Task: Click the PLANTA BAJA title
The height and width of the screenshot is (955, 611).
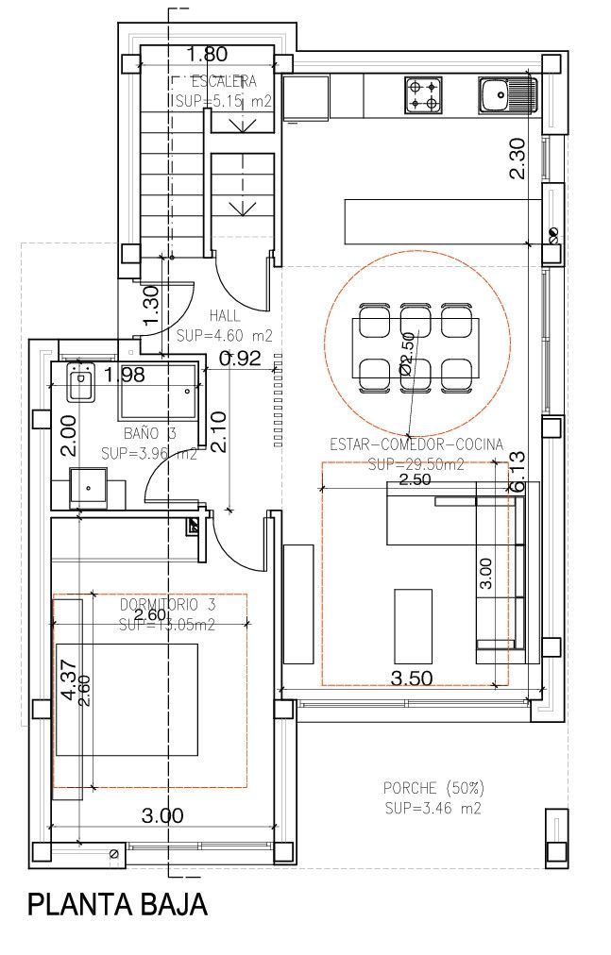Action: (117, 905)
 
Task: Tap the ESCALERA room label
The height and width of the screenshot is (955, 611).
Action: (223, 81)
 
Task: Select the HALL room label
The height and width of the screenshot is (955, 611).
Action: (225, 316)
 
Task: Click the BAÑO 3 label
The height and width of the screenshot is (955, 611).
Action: (150, 434)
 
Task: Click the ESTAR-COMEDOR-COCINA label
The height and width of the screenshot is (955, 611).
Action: (416, 444)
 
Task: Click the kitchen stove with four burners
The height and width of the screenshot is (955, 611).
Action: (423, 94)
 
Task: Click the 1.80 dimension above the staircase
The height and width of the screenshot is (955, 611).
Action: (206, 54)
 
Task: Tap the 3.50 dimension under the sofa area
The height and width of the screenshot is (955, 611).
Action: (411, 677)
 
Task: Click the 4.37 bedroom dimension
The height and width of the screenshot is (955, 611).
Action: (67, 679)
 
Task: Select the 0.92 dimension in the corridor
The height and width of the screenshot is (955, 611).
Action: (239, 358)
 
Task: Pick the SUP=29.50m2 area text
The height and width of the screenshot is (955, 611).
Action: (416, 463)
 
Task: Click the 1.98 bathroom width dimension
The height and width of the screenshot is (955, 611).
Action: (125, 376)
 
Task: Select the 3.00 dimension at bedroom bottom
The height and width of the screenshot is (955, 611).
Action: (162, 816)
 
